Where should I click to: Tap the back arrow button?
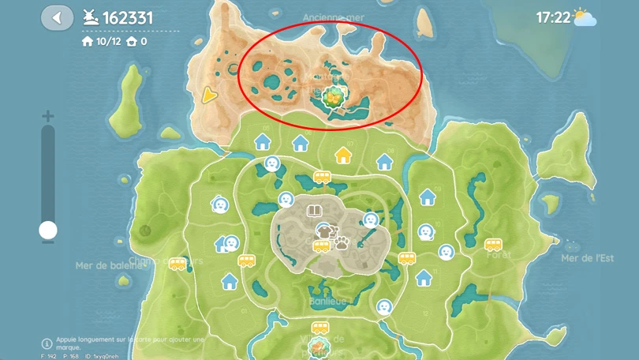pos(56,17)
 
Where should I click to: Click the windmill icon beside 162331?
pos(90,17)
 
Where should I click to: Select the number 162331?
pos(128,17)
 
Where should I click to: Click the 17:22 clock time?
pos(553,17)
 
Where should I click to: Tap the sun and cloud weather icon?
pos(585,17)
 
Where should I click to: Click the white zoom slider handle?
pos(48,230)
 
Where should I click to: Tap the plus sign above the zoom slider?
pos(48,116)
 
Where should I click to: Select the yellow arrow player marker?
pos(209,96)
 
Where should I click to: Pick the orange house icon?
pos(343,154)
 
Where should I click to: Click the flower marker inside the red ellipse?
pos(334,97)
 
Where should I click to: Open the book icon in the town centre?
pos(315,211)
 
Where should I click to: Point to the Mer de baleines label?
pos(110,266)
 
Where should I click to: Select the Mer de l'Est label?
pos(587,258)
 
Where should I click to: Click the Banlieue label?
pos(330,301)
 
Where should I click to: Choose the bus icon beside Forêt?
pos(493,244)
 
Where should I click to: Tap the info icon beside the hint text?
pos(47,343)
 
